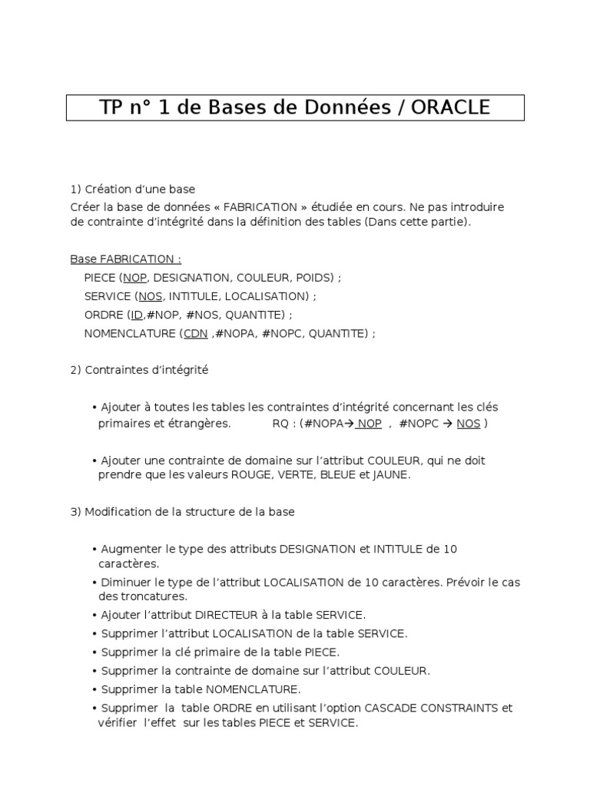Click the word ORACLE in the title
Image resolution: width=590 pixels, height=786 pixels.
pyautogui.click(x=450, y=107)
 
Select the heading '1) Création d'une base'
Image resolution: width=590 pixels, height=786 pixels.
pyautogui.click(x=133, y=189)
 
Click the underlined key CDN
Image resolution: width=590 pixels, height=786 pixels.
pyautogui.click(x=196, y=333)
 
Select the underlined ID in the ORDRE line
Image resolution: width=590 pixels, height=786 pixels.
pyautogui.click(x=137, y=315)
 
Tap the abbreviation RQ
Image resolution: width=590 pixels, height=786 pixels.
pyautogui.click(x=281, y=424)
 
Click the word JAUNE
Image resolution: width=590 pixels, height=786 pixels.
pyautogui.click(x=392, y=475)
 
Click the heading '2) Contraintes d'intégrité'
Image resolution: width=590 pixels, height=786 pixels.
pyautogui.click(x=139, y=370)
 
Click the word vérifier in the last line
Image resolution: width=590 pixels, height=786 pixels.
pyautogui.click(x=118, y=723)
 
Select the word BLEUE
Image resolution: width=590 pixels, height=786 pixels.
pyautogui.click(x=340, y=475)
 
